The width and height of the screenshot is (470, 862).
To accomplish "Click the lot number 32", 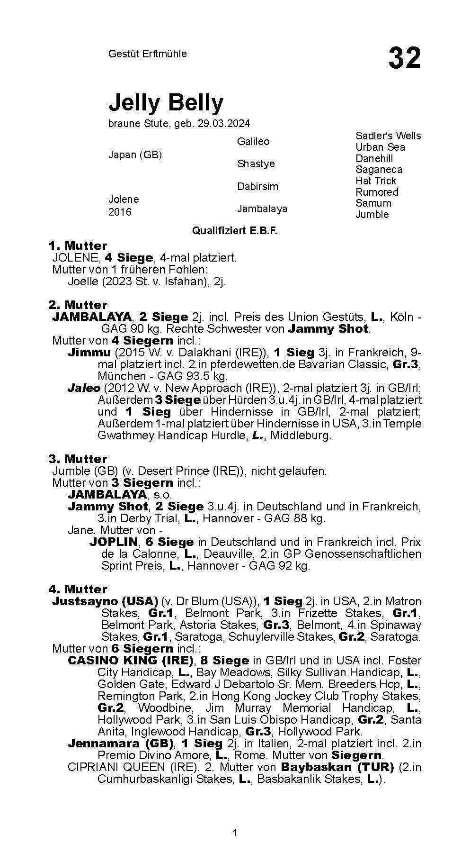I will tap(404, 58).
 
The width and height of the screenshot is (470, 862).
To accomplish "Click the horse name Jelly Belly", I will tap(166, 102).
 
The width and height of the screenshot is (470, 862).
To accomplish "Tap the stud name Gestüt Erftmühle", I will tap(147, 54).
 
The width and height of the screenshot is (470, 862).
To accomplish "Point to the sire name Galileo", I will tap(253, 141).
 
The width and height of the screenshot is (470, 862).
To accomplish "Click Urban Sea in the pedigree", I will tap(380, 147).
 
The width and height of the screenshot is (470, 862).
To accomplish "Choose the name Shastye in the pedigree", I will tap(256, 163).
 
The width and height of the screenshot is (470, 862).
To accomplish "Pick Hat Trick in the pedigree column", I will tap(376, 181).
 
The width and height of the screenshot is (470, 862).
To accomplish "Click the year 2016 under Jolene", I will tap(120, 212).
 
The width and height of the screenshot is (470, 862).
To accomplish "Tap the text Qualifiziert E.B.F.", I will tap(234, 231).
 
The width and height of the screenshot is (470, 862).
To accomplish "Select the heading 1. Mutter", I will tap(78, 245).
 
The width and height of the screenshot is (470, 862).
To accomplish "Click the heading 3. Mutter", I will tap(78, 459).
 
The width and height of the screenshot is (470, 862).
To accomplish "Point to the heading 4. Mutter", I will tap(78, 589).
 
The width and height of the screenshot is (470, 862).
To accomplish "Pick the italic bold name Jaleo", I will tap(84, 388).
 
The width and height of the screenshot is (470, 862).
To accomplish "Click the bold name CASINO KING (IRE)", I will tap(131, 660).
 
